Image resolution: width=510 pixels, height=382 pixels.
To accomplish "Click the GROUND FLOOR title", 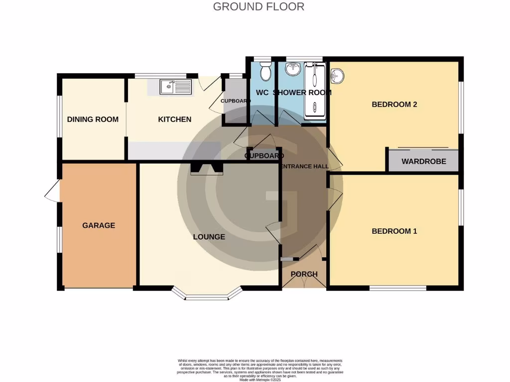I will (258, 7).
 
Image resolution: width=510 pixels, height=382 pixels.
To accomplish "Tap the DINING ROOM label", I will (93, 119).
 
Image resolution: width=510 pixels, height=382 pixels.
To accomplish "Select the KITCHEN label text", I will (175, 119).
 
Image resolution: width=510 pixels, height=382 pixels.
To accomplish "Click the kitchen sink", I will (175, 87).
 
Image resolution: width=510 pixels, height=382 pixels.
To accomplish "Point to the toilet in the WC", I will (265, 73).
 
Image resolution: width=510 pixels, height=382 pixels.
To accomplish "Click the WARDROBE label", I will (423, 162).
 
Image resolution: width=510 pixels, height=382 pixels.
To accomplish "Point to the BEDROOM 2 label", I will (394, 104).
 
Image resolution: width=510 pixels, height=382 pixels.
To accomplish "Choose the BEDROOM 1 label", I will (394, 231).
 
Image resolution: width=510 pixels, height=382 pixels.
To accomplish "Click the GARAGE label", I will (99, 225).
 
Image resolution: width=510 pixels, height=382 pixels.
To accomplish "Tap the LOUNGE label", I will (209, 237).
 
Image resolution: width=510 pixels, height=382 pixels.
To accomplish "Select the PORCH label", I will (304, 275).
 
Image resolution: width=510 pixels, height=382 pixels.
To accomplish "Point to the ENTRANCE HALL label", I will (304, 167).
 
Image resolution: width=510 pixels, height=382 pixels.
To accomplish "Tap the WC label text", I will (262, 93).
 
